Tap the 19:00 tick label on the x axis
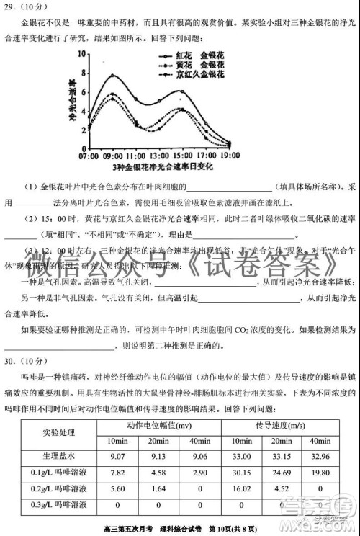(230, 156)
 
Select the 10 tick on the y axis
(84, 55)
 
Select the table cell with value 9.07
(117, 456)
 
